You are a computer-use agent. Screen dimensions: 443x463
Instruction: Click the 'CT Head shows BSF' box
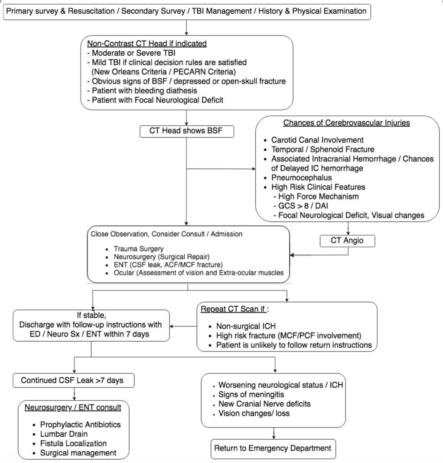point(187,131)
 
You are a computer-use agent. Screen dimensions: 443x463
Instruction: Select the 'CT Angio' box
point(347,241)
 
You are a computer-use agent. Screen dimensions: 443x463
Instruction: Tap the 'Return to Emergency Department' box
point(273,449)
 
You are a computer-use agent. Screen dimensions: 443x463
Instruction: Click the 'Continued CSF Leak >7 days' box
point(73,380)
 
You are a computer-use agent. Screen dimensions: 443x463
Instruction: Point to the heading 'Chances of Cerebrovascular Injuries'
point(347,123)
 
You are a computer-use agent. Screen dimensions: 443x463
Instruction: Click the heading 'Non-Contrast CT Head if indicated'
point(147,43)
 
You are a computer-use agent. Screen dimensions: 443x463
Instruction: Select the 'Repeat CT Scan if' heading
point(233,309)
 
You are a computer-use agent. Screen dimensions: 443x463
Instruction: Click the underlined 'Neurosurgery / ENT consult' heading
point(73,407)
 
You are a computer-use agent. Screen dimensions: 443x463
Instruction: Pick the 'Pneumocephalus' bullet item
point(302,177)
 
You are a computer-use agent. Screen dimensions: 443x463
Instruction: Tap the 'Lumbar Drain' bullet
point(64,434)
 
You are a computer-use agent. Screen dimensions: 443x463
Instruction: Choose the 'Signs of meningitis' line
point(251,394)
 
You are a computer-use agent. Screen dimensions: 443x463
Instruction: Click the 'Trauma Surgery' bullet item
point(139,249)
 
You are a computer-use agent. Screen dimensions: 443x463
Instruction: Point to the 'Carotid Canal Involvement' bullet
point(317,140)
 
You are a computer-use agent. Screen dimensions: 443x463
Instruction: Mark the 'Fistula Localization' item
point(73,443)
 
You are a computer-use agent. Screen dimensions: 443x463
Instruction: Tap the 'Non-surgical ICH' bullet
point(246,326)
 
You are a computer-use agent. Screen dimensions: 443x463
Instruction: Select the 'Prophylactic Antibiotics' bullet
point(80,424)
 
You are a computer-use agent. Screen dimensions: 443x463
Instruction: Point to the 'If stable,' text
point(91,315)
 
